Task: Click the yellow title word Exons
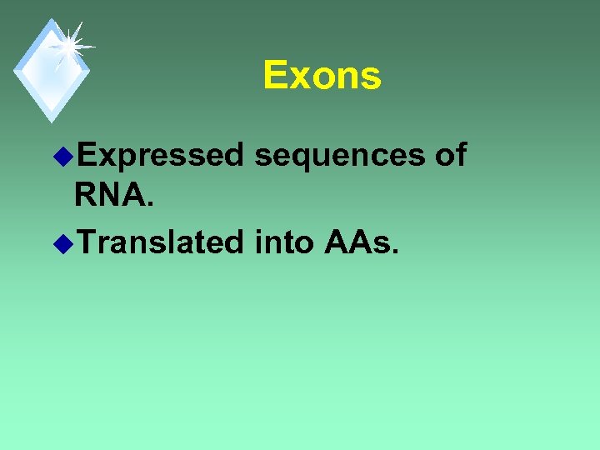(x=322, y=76)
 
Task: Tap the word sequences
(x=342, y=155)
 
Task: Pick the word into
(x=284, y=242)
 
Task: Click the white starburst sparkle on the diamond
(x=68, y=45)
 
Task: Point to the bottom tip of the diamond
(x=52, y=121)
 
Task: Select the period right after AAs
(x=395, y=252)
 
